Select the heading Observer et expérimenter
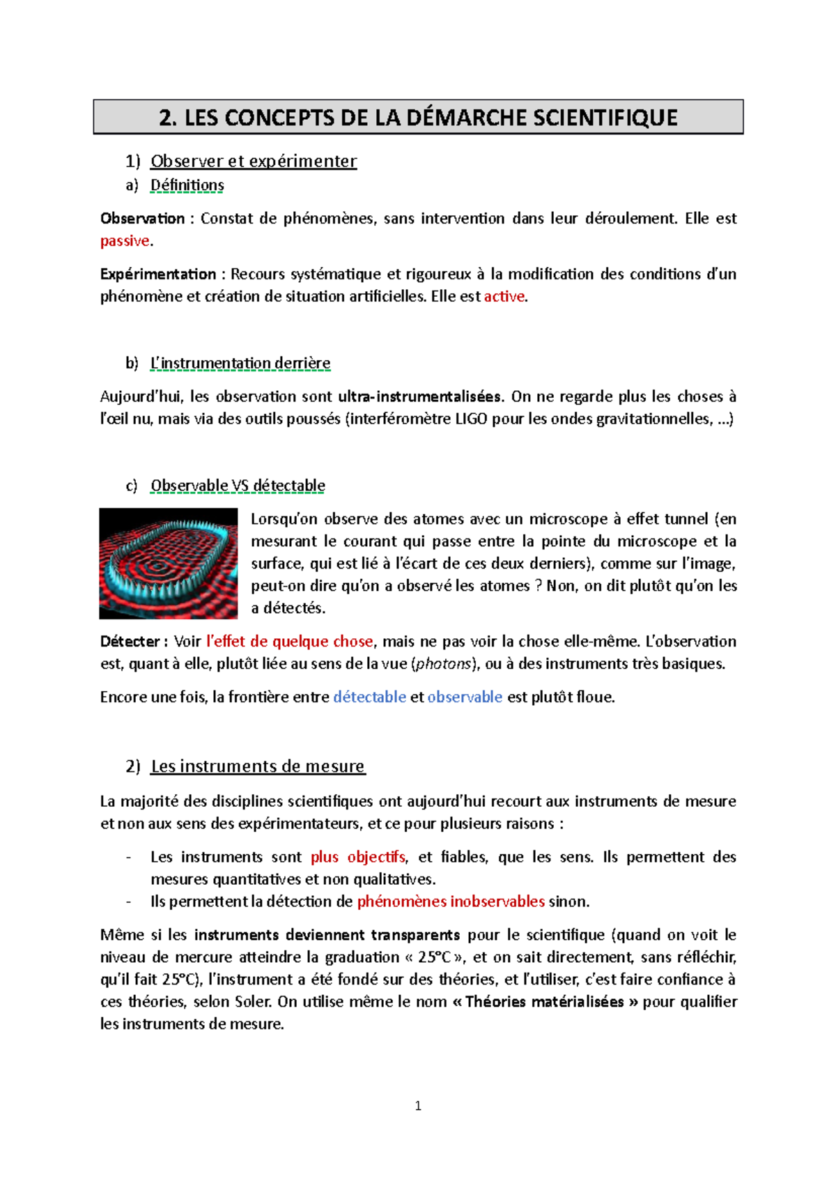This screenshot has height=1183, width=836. click(254, 161)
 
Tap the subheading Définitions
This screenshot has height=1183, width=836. click(187, 185)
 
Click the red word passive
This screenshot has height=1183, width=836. click(125, 241)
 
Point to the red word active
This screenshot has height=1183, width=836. click(504, 296)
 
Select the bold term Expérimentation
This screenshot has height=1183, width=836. click(158, 274)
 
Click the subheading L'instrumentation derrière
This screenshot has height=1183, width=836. click(240, 363)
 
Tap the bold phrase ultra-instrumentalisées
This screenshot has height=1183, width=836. click(419, 396)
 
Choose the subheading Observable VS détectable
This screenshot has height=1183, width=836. click(238, 485)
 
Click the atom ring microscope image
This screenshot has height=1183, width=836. click(169, 563)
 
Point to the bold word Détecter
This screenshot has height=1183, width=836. click(130, 641)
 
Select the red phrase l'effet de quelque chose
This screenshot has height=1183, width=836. click(290, 641)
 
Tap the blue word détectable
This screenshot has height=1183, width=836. click(369, 697)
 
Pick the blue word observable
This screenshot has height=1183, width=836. click(465, 697)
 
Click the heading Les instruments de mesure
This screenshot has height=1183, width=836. click(258, 766)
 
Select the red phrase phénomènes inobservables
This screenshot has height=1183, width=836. click(451, 902)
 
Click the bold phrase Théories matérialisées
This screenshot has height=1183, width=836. click(544, 1002)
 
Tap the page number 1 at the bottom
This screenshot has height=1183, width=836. click(418, 1106)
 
